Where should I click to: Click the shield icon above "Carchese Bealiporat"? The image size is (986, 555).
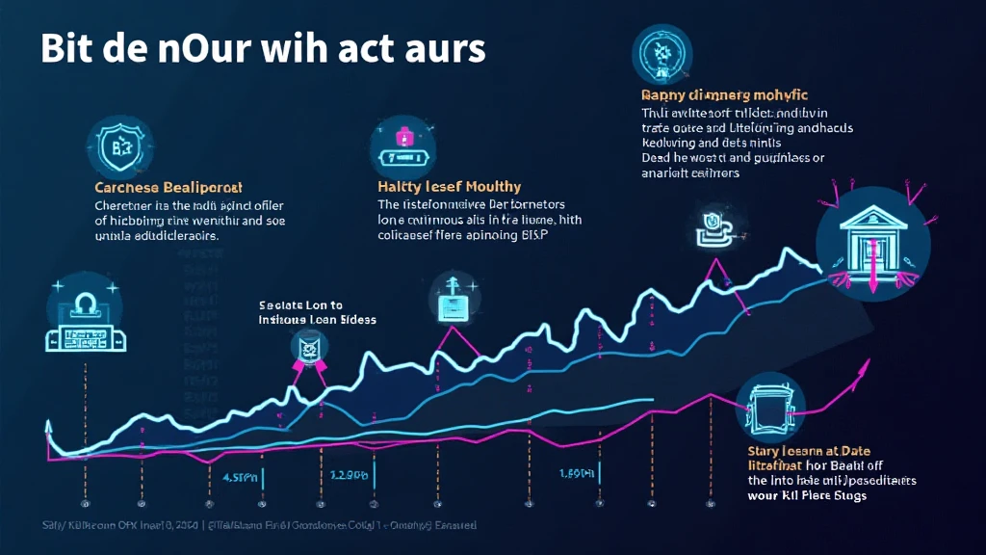point(118,147)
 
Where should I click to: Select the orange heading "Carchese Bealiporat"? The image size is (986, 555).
point(169,187)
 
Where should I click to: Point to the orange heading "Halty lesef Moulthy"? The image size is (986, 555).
point(449,187)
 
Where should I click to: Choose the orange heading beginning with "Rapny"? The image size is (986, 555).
point(724,95)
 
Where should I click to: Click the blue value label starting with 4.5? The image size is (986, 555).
point(241,476)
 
